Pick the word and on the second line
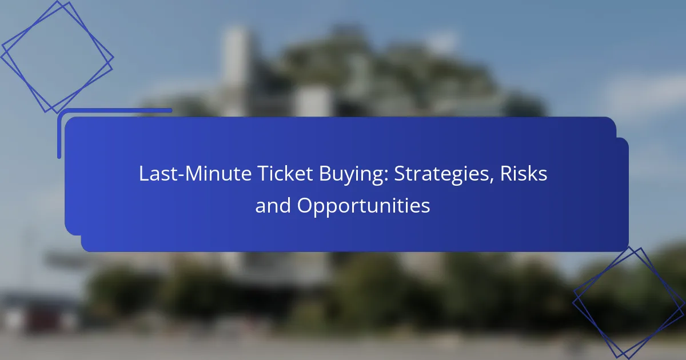273,206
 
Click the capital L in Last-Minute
143,175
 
